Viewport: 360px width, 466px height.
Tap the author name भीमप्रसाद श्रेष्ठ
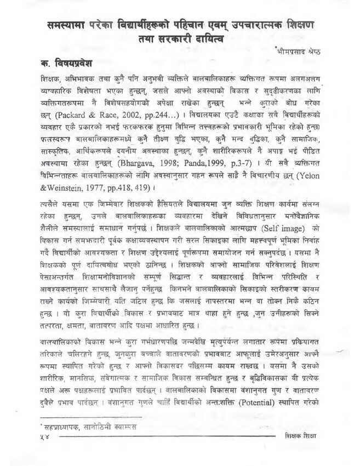click(297, 52)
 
